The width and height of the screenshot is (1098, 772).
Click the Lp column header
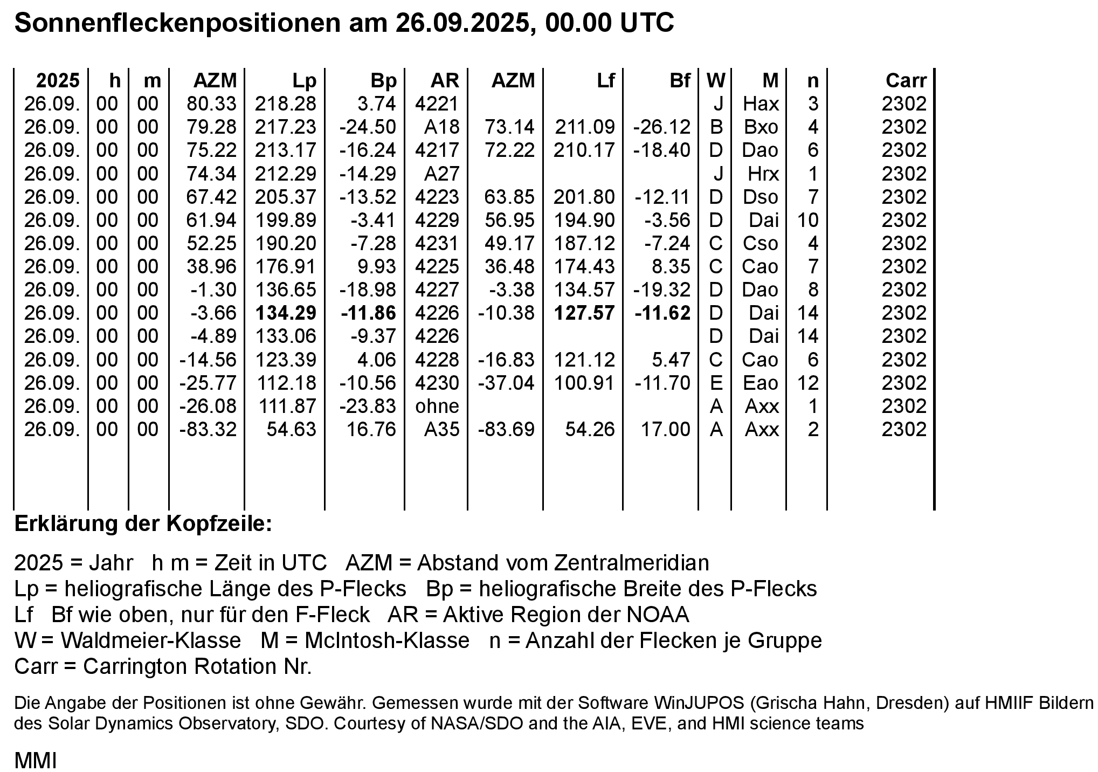click(x=304, y=81)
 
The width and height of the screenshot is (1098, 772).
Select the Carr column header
click(x=906, y=81)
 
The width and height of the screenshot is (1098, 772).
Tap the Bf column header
click(x=680, y=81)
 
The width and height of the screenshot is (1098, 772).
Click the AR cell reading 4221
click(x=437, y=104)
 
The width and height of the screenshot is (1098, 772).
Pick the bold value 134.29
click(x=286, y=313)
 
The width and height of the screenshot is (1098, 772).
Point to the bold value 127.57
click(x=585, y=313)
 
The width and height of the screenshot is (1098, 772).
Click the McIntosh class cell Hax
click(x=761, y=104)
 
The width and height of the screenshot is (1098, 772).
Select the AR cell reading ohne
click(x=437, y=406)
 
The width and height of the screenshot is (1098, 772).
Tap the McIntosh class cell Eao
click(x=761, y=383)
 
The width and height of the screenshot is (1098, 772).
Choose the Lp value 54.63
click(x=291, y=429)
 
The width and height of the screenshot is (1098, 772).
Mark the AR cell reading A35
click(x=441, y=429)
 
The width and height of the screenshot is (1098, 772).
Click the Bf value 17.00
click(x=665, y=429)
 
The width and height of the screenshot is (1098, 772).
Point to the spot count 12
click(x=808, y=383)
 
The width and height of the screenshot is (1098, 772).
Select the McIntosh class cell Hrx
click(x=763, y=174)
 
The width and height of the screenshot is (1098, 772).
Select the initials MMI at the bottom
click(x=36, y=761)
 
